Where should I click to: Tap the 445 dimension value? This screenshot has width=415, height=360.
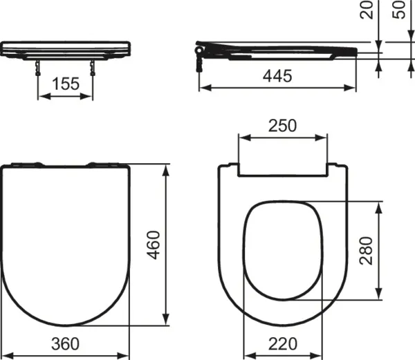tap(277, 77)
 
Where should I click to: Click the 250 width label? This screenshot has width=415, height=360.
tap(282, 125)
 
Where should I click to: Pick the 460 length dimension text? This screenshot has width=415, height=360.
tap(156, 245)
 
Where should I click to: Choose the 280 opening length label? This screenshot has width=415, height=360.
tap(367, 252)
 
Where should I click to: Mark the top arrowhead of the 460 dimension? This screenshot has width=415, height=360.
tap(166, 169)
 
